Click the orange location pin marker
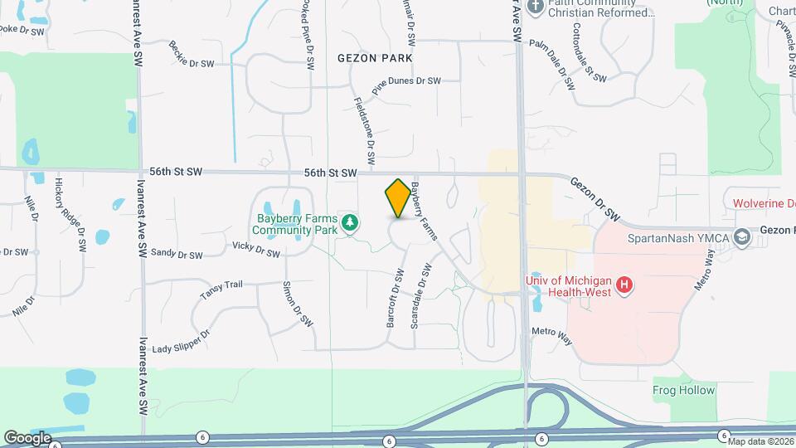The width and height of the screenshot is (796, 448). tap(398, 198)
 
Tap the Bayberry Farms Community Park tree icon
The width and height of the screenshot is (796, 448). tap(351, 222)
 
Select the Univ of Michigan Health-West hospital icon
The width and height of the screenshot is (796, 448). tap(626, 287)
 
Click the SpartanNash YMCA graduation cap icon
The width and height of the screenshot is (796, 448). tap(742, 238)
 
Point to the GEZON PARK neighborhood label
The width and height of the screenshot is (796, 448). tap(375, 58)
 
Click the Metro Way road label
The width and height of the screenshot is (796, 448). tap(552, 336)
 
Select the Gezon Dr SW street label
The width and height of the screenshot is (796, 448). tap(595, 197)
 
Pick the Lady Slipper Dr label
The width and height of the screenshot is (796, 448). tap(182, 340)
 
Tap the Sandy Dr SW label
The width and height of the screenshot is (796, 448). tap(177, 255)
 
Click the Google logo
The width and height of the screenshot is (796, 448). tap(27, 437)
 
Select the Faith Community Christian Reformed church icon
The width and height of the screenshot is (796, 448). tap(536, 7)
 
